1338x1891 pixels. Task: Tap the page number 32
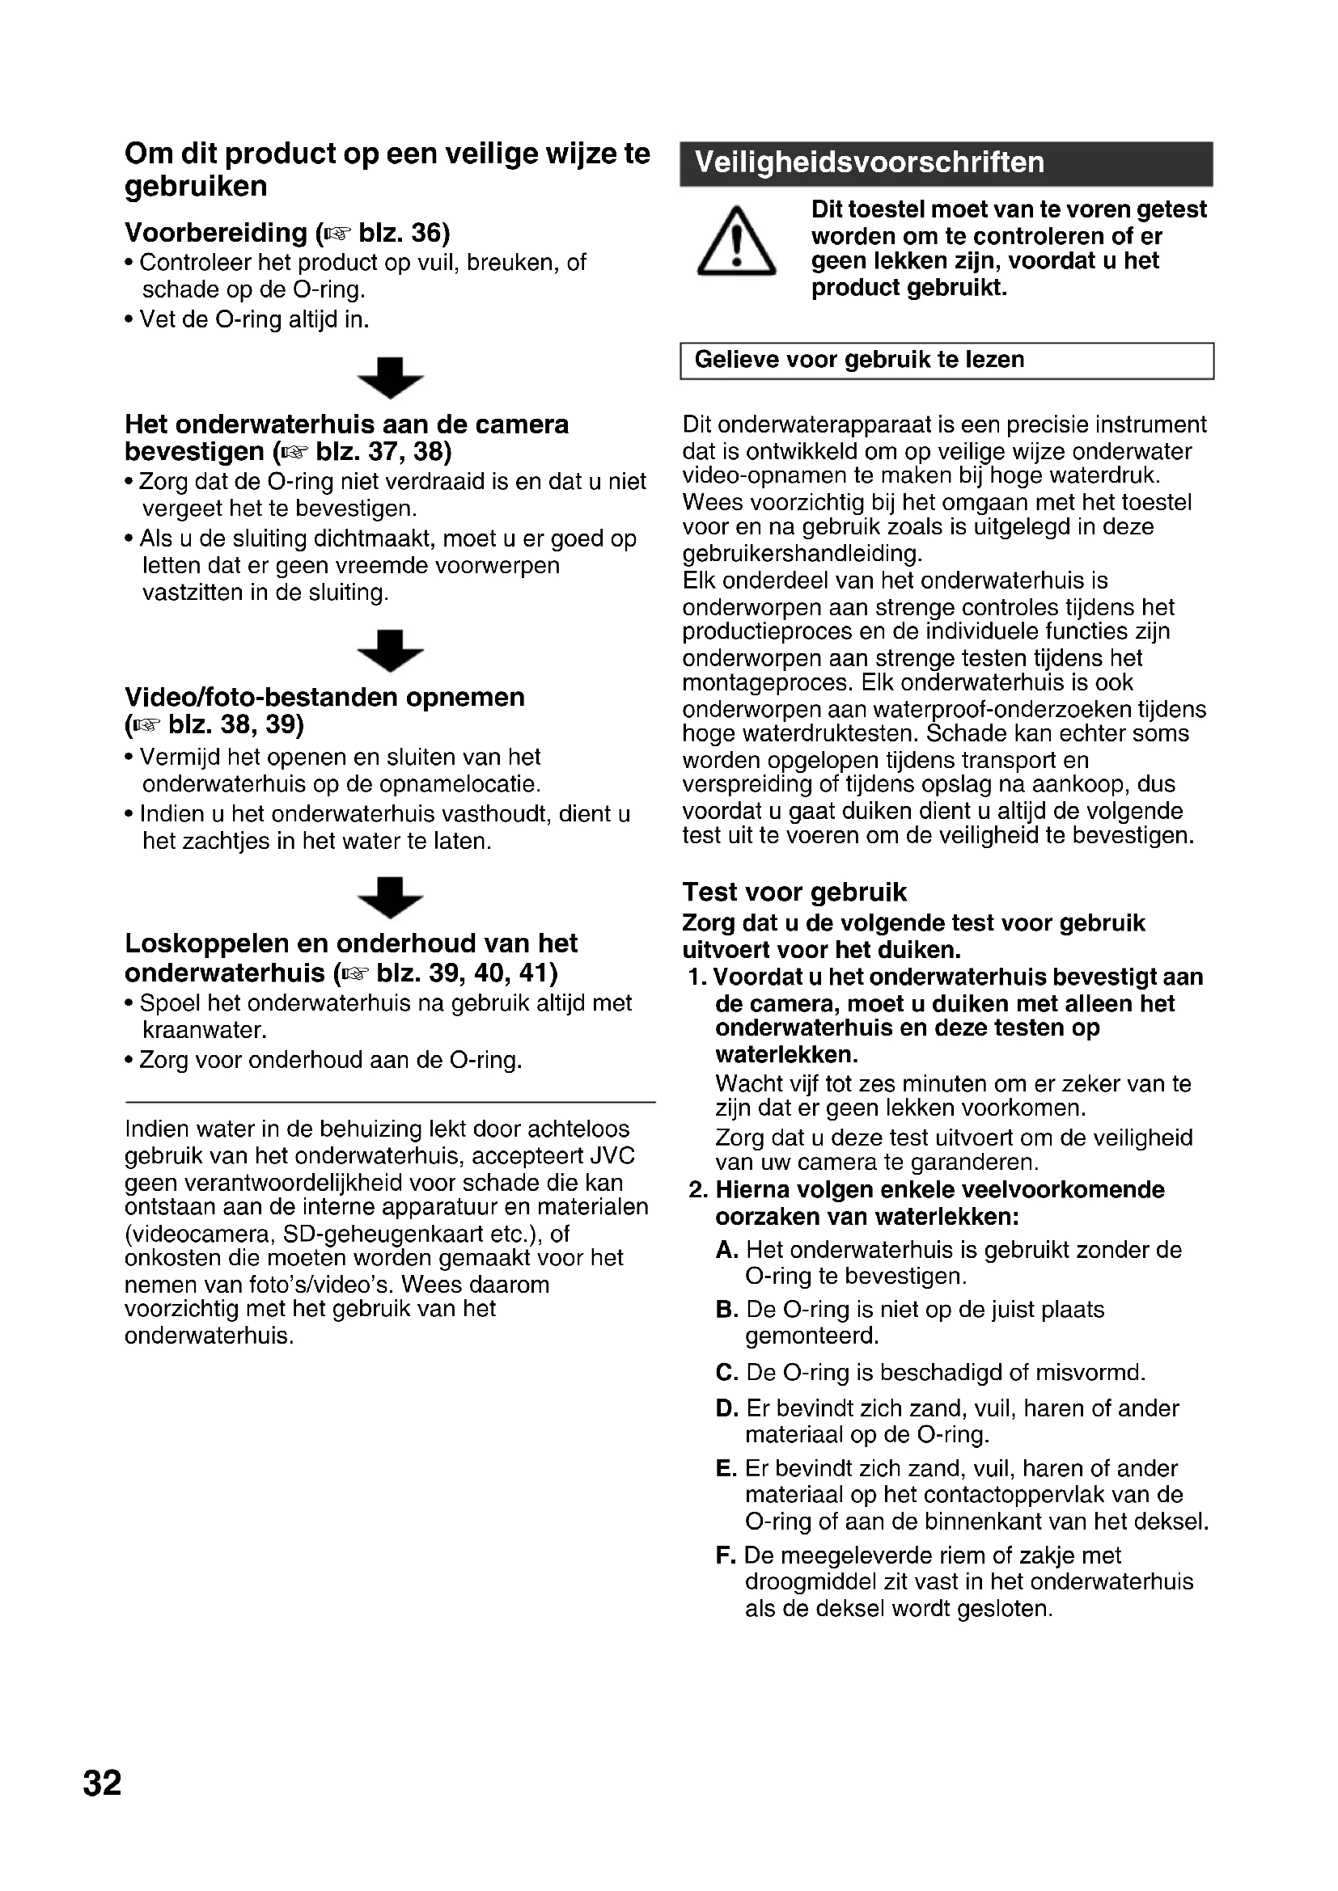[x=102, y=1783]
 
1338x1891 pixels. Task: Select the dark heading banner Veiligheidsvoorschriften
[x=946, y=163]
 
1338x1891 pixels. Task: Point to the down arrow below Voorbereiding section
[x=391, y=378]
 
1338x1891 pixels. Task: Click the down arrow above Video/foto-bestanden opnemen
[x=391, y=651]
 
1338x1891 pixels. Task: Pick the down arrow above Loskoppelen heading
[x=391, y=897]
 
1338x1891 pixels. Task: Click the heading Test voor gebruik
[x=794, y=892]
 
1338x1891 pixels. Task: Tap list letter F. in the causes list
[x=725, y=1555]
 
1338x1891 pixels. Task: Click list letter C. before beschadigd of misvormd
[x=726, y=1373]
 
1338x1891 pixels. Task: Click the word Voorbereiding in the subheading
[x=216, y=233]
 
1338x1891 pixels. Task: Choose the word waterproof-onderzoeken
[x=1001, y=709]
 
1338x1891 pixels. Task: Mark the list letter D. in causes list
[x=726, y=1409]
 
